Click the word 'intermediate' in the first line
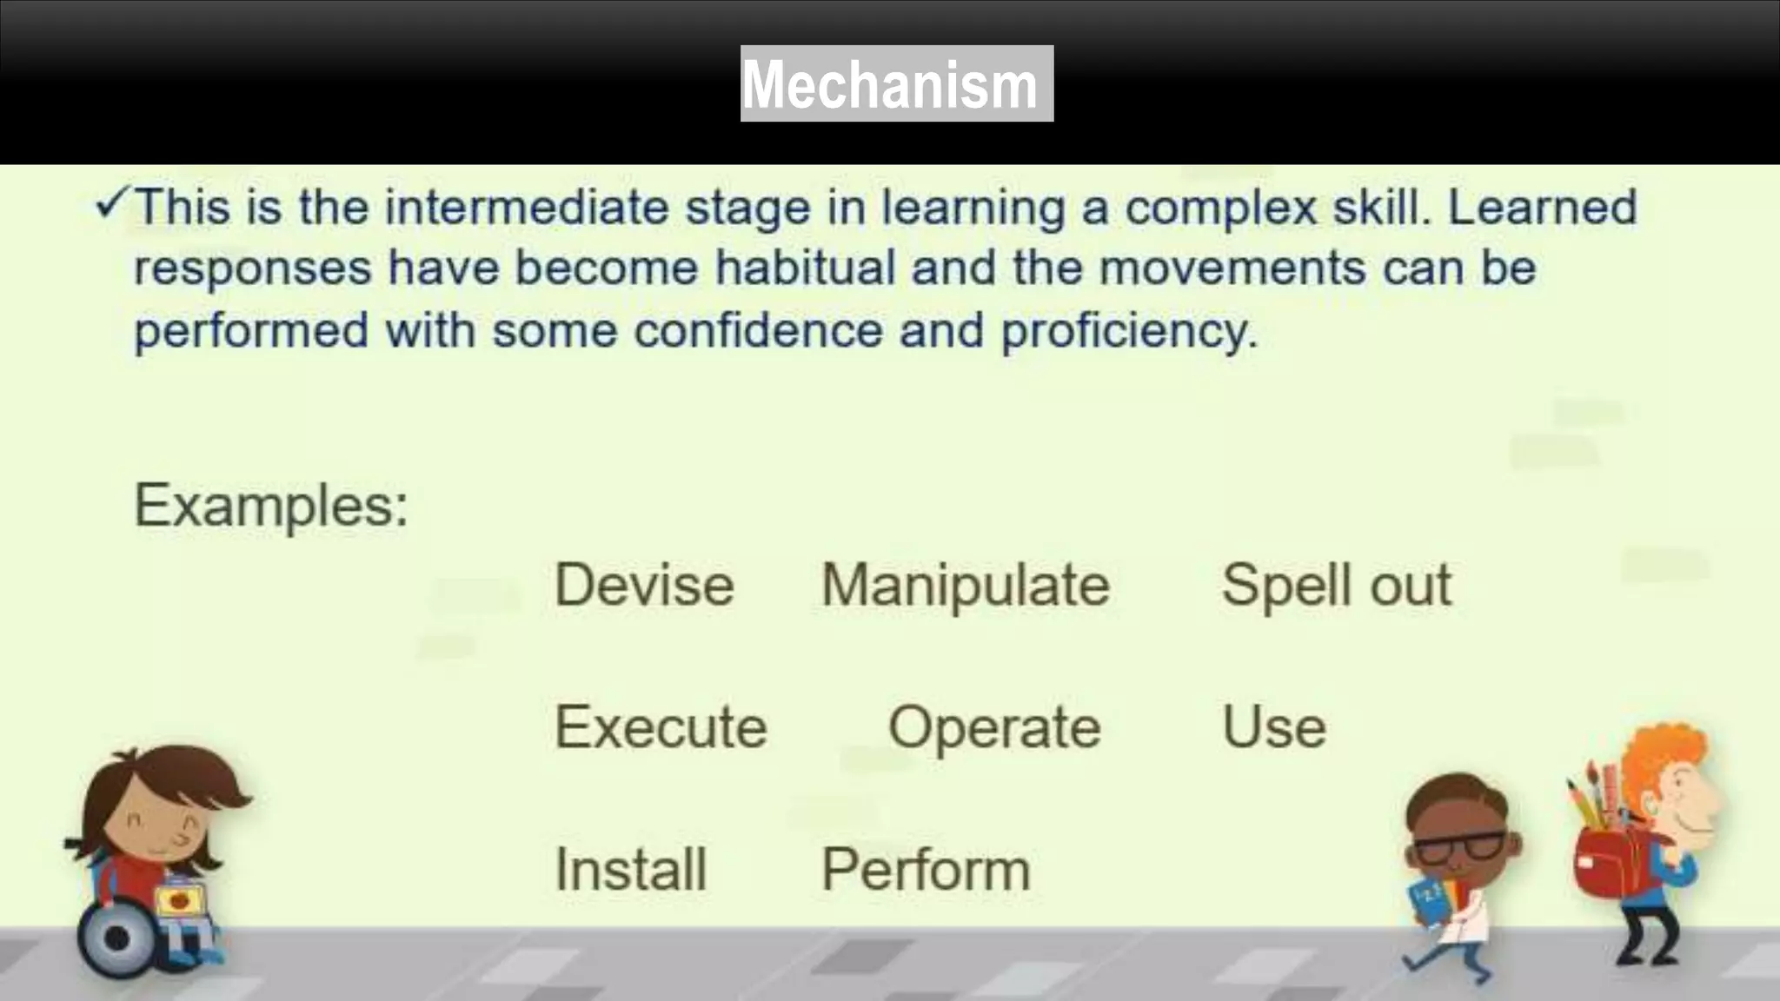pyautogui.click(x=527, y=208)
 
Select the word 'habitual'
pyautogui.click(x=805, y=267)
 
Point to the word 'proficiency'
pyautogui.click(x=1128, y=331)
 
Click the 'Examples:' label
pyautogui.click(x=270, y=505)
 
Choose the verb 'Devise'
pyautogui.click(x=644, y=584)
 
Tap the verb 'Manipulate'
pyautogui.click(x=966, y=585)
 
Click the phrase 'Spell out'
pyautogui.click(x=1336, y=585)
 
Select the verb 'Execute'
pyautogui.click(x=661, y=726)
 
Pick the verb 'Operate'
pyautogui.click(x=994, y=727)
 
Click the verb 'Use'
pyautogui.click(x=1274, y=726)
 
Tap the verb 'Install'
pyautogui.click(x=631, y=869)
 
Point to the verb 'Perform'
pyautogui.click(x=926, y=869)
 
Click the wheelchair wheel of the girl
pyautogui.click(x=116, y=938)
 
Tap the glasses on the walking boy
pyautogui.click(x=1460, y=845)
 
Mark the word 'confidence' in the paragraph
pyautogui.click(x=758, y=331)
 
